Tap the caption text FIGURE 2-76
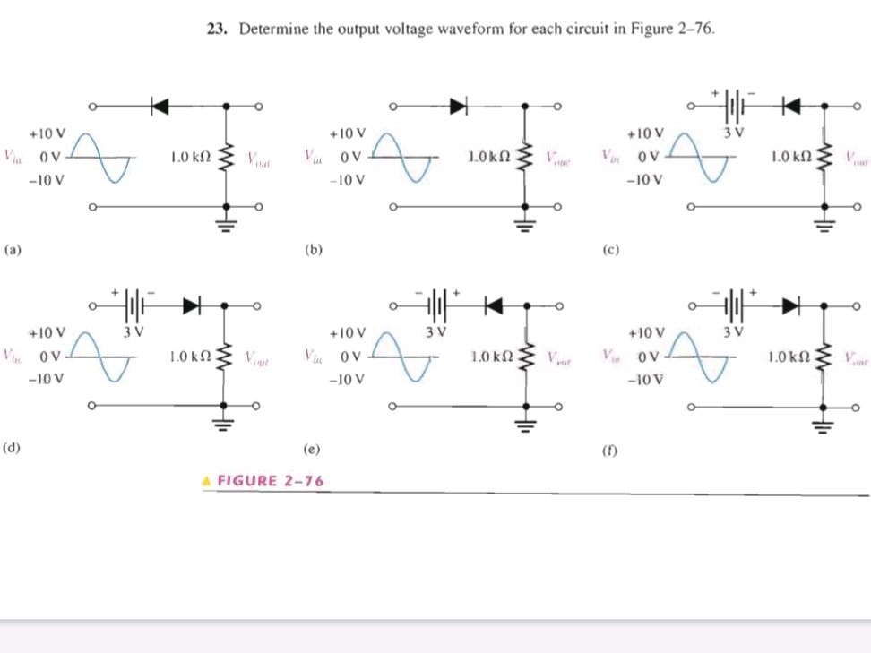[270, 481]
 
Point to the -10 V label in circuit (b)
[346, 179]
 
